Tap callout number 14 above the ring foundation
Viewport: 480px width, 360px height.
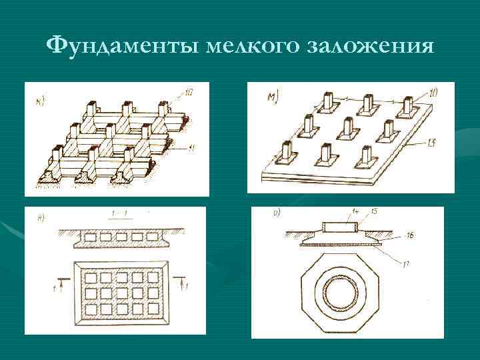[x=356, y=211]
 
